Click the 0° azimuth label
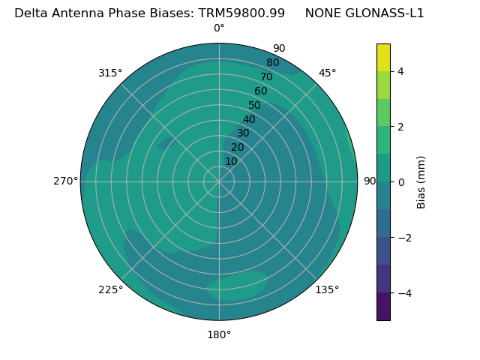(219, 28)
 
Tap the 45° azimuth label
(327, 73)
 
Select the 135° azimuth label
(327, 289)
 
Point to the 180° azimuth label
(219, 334)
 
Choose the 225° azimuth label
(110, 289)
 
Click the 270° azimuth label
(65, 181)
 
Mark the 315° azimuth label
(110, 73)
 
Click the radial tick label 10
(231, 161)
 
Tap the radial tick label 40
(249, 119)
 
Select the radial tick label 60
(260, 91)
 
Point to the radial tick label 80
(272, 63)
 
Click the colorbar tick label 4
(400, 71)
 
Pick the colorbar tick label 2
(400, 127)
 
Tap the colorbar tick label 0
(400, 182)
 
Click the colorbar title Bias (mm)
(421, 182)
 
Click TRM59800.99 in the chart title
(241, 13)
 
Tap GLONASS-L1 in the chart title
(384, 13)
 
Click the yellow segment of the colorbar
(383, 58)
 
